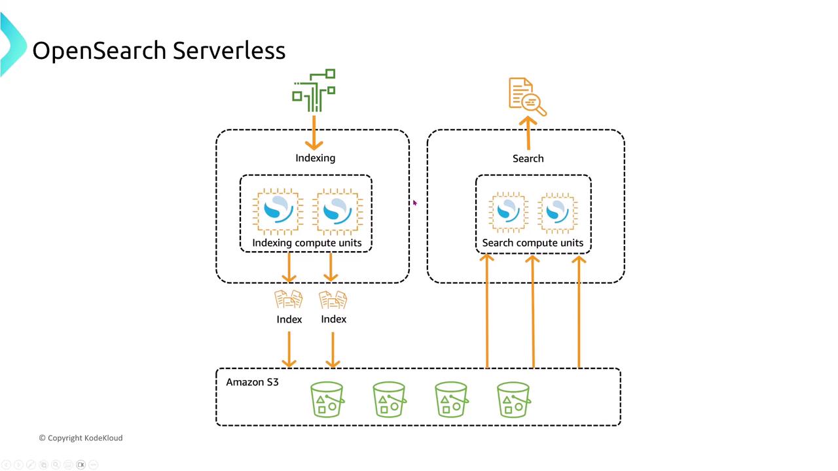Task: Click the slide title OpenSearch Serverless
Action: tap(158, 51)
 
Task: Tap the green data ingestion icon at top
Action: tap(314, 90)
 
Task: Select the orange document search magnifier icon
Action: tap(527, 97)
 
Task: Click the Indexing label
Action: tap(315, 158)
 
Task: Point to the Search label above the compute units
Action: tap(528, 158)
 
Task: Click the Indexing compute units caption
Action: tap(306, 243)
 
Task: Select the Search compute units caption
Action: tap(532, 243)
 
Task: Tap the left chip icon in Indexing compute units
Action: tap(278, 211)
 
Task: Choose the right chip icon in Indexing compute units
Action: tap(338, 211)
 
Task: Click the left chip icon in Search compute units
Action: tap(508, 211)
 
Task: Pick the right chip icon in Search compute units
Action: tap(557, 211)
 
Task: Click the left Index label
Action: tap(289, 319)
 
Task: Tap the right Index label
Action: tap(334, 319)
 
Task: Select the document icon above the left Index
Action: tap(289, 300)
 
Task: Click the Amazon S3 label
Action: tap(252, 382)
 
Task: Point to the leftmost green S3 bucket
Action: tap(327, 400)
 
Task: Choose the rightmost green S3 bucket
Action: tap(513, 400)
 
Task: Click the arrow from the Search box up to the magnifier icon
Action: tap(528, 133)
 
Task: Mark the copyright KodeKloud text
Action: tap(81, 438)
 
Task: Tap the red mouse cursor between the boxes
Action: tap(414, 203)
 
